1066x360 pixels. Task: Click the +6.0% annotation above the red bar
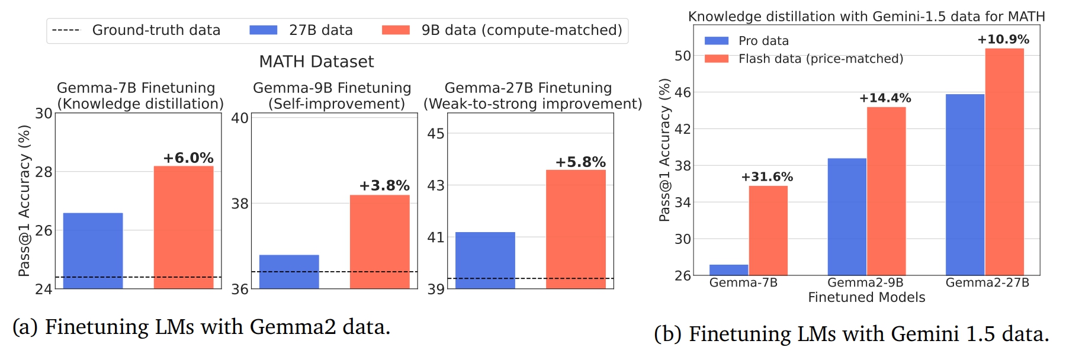pyautogui.click(x=188, y=158)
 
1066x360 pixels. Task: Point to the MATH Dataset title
pyautogui.click(x=316, y=62)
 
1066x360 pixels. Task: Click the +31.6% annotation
pyautogui.click(x=767, y=177)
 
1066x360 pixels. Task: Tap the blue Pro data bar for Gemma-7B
pyautogui.click(x=729, y=270)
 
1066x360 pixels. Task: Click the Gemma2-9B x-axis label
pyautogui.click(x=865, y=282)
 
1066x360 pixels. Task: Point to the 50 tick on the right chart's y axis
pyautogui.click(x=683, y=56)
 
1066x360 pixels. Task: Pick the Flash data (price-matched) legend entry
pyautogui.click(x=820, y=59)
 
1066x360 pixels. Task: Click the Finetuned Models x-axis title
pyautogui.click(x=866, y=297)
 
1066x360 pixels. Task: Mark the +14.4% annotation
pyautogui.click(x=885, y=98)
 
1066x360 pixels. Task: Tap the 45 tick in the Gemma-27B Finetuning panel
pyautogui.click(x=436, y=134)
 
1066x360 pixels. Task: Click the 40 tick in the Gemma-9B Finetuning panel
pyautogui.click(x=240, y=118)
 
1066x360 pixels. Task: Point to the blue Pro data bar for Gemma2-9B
pyautogui.click(x=847, y=216)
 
